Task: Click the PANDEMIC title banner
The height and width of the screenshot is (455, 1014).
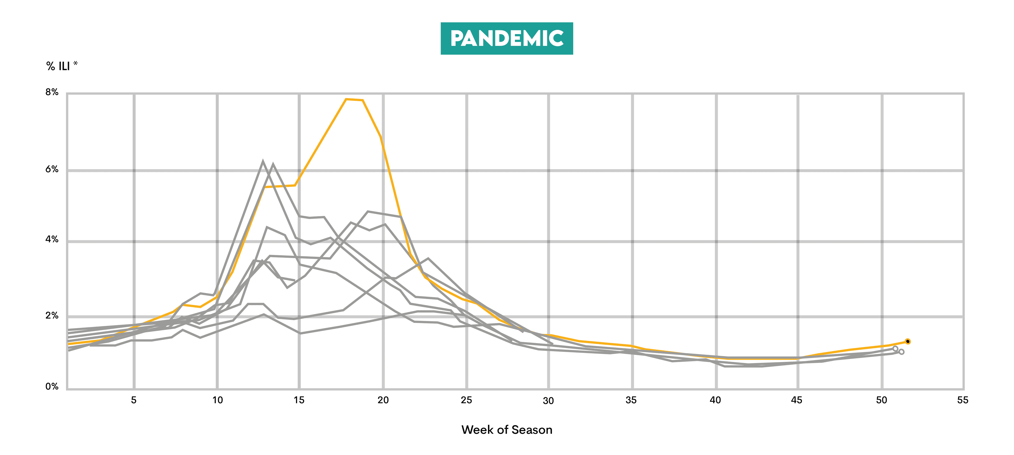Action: coord(507,39)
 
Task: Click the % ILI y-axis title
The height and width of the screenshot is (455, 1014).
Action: coord(62,66)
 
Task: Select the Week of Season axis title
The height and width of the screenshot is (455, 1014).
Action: coord(507,430)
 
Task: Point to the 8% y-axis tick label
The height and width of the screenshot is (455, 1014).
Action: coord(51,92)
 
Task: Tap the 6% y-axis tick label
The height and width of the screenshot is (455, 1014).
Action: coord(51,169)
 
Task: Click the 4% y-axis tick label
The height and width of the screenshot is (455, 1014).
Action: coord(51,239)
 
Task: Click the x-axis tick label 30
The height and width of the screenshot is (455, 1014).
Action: coord(548,401)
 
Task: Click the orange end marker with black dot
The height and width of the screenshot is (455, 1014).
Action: coord(908,341)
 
